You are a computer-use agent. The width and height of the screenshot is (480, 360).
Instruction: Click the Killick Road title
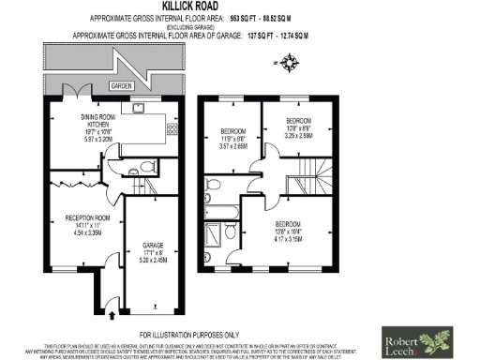[x=240, y=6]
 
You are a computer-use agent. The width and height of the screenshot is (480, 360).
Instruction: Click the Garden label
[x=119, y=85]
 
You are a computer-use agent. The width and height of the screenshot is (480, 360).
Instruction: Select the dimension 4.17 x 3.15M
[x=289, y=239]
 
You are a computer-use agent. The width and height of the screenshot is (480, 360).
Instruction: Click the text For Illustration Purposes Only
[x=189, y=334]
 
